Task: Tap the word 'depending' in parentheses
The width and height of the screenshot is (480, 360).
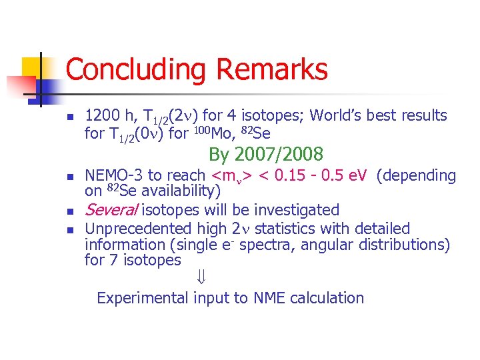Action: click(x=417, y=175)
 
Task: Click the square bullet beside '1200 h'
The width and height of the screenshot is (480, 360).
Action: click(x=69, y=116)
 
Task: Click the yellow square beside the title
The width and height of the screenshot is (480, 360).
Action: click(x=33, y=69)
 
